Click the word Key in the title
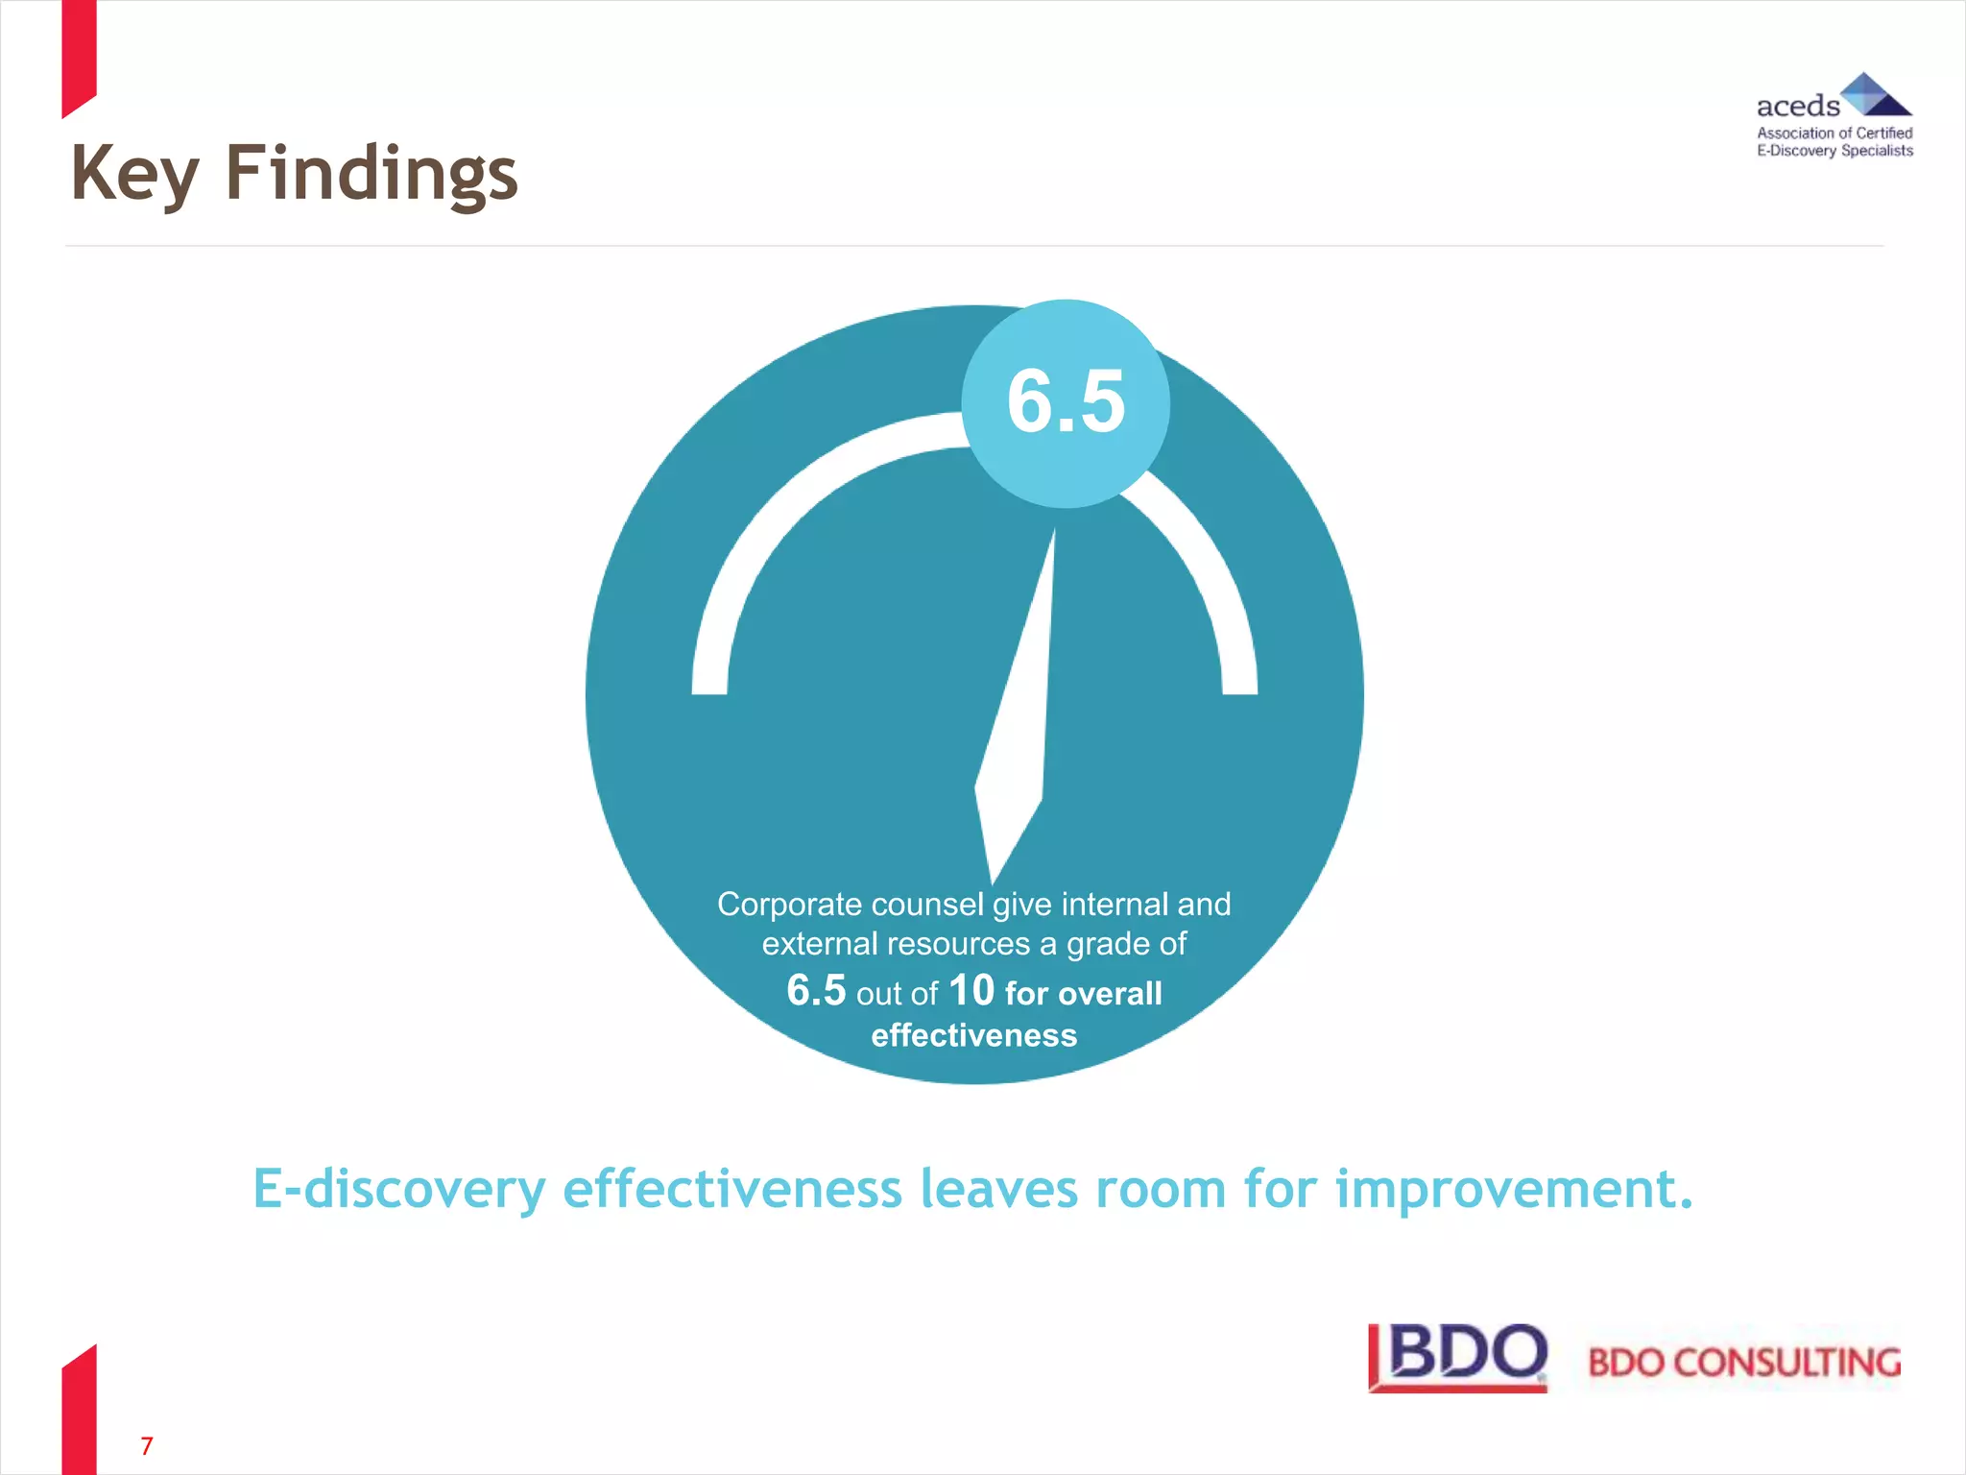(x=134, y=175)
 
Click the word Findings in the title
(x=372, y=175)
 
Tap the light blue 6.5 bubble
(x=1066, y=403)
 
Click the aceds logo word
(x=1797, y=106)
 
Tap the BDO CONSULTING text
(x=1743, y=1363)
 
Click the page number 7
(x=147, y=1445)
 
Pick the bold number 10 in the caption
(x=971, y=991)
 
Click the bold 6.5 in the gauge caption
(x=816, y=991)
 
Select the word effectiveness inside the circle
(x=973, y=1035)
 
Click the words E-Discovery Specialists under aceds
(x=1834, y=151)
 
